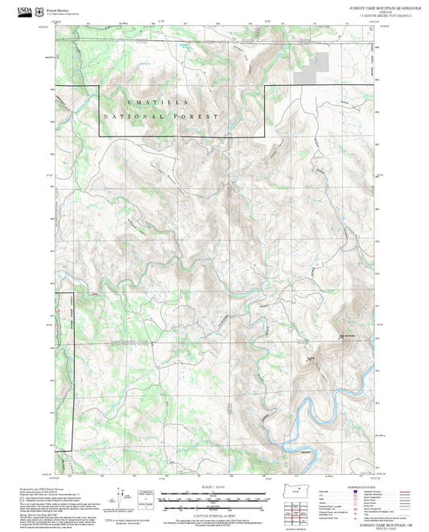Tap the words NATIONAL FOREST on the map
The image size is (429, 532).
[x=161, y=117]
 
